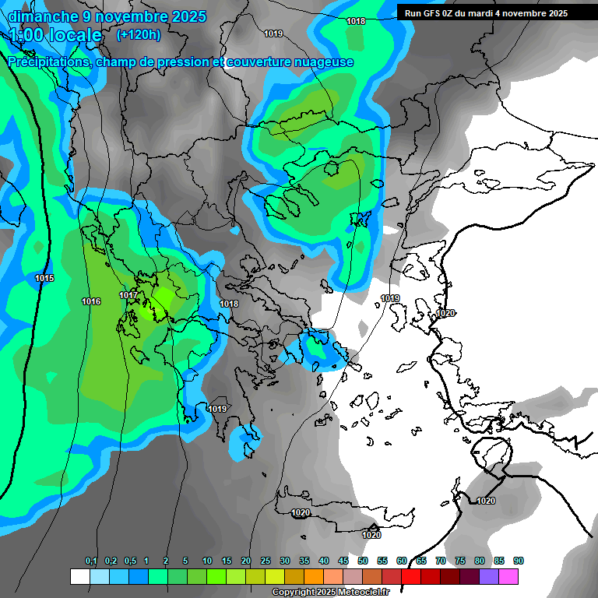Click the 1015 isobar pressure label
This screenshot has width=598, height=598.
(44, 278)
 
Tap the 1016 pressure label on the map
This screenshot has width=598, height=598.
(91, 301)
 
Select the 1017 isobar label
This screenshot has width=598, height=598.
(128, 295)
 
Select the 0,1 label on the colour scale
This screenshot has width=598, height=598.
(91, 561)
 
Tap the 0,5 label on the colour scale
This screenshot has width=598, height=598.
(129, 561)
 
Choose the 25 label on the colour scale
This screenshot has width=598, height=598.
(266, 561)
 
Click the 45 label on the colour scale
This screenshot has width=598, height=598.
(343, 561)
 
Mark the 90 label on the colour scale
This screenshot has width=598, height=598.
(519, 561)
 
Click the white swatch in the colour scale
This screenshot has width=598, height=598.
(80, 576)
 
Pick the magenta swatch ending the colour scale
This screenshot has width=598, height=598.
(508, 576)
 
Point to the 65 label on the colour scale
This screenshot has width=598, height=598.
(421, 561)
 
